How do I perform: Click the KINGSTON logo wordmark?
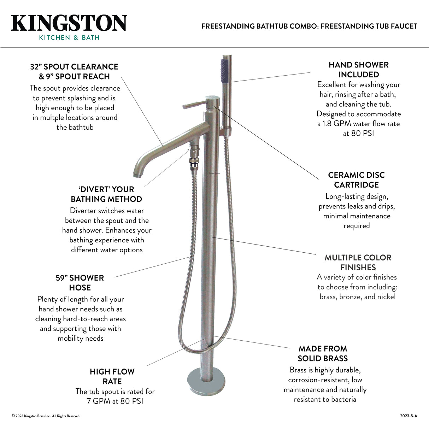coord(69,23)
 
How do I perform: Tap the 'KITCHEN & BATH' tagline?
coord(69,38)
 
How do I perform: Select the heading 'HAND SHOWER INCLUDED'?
coord(358,70)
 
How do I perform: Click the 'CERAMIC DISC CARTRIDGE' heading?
coord(356,180)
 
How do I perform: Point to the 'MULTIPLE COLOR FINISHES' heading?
coord(358,263)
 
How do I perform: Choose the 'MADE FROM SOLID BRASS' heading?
coord(323,353)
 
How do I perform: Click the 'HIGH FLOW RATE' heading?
coord(112,376)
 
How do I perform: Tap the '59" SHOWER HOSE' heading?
coord(80,283)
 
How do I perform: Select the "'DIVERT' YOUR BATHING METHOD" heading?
coord(106,194)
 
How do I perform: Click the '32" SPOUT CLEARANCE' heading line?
coord(74,67)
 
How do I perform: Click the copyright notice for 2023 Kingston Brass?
coord(46,416)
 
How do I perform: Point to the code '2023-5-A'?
coord(409,416)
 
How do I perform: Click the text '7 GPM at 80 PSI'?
coord(115,401)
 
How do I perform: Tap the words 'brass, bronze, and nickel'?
coord(358,296)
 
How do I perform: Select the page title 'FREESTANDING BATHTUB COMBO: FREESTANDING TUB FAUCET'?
coord(309,26)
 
